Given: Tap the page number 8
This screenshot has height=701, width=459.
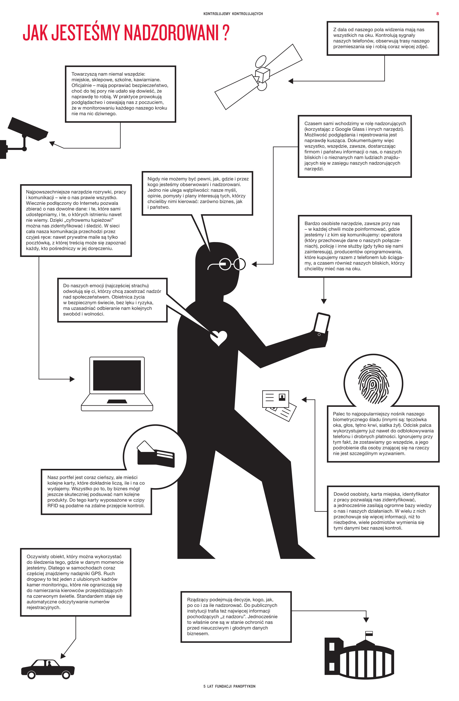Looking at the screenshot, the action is click(438, 14).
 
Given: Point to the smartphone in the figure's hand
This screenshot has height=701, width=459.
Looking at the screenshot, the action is click(321, 324).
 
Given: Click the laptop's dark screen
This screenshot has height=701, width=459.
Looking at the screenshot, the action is click(117, 375).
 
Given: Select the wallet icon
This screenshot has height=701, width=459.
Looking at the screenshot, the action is click(156, 454).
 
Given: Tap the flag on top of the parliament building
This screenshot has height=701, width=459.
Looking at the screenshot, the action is click(369, 633).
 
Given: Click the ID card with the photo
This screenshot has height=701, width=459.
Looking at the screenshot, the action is click(275, 399).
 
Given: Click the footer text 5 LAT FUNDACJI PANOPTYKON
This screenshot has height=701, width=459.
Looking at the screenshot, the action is click(229, 686).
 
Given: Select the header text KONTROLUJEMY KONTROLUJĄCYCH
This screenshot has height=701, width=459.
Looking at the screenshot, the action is click(233, 14).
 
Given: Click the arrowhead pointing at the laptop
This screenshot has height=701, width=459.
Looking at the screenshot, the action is click(72, 379).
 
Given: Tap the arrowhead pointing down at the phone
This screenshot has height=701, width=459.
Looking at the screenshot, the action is click(324, 301).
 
